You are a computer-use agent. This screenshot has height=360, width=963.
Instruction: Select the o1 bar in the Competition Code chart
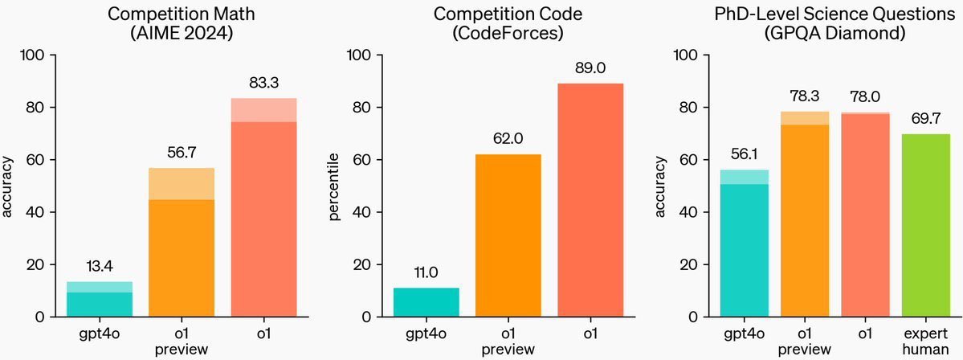click(x=590, y=200)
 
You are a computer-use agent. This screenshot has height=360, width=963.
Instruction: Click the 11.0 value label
click(x=426, y=272)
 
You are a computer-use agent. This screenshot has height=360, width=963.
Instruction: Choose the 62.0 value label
click(x=508, y=139)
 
